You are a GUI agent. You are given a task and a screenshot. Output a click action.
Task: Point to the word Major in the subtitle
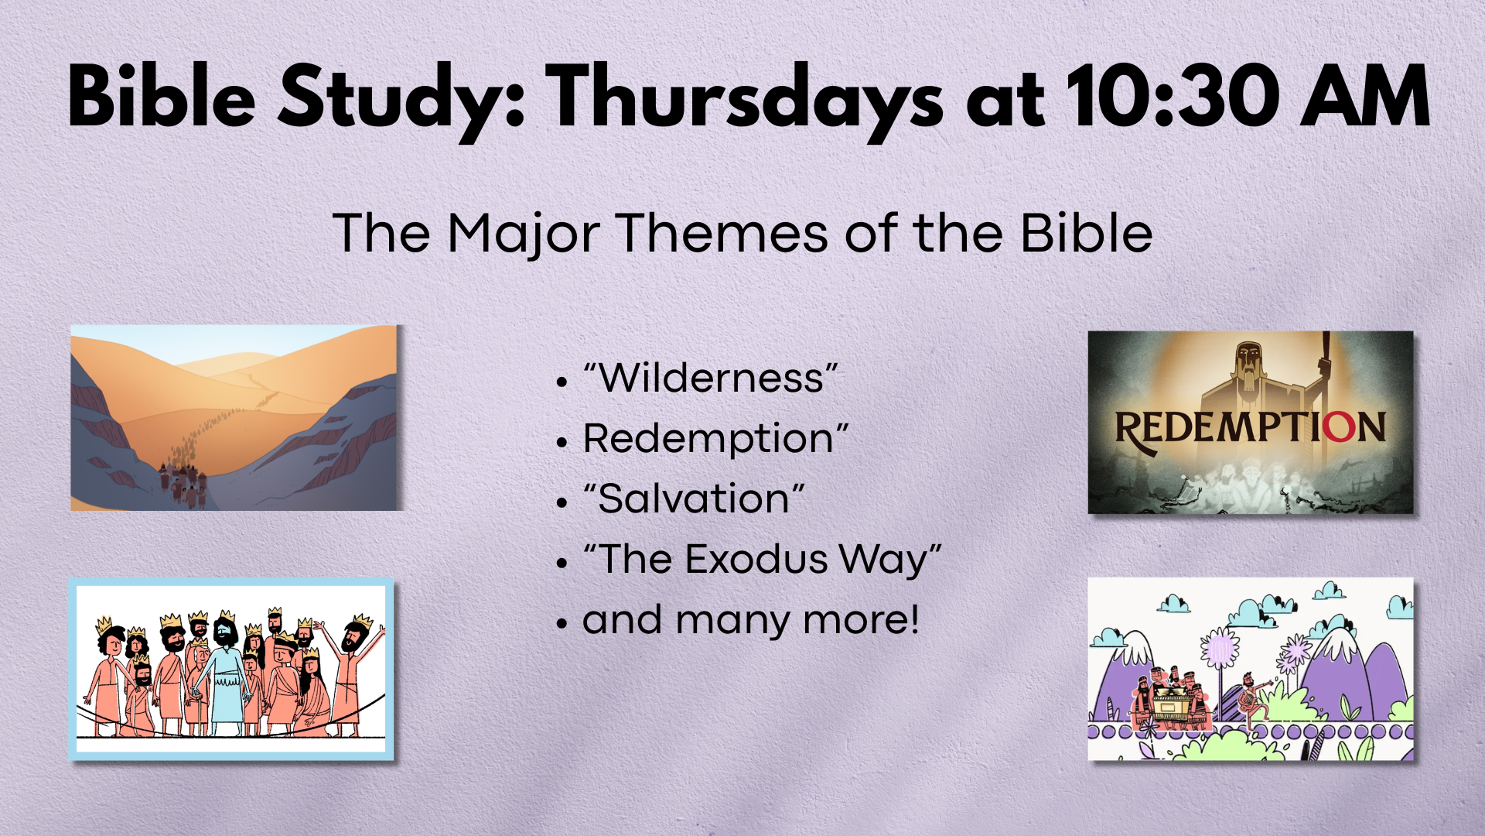[524, 234]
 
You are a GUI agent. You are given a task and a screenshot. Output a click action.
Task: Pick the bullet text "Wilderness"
[711, 378]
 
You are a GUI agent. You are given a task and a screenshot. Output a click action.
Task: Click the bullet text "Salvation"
[694, 498]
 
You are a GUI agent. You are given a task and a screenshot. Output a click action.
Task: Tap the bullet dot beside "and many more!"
[562, 622]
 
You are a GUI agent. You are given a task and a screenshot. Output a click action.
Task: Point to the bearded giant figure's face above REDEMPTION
[1248, 364]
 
